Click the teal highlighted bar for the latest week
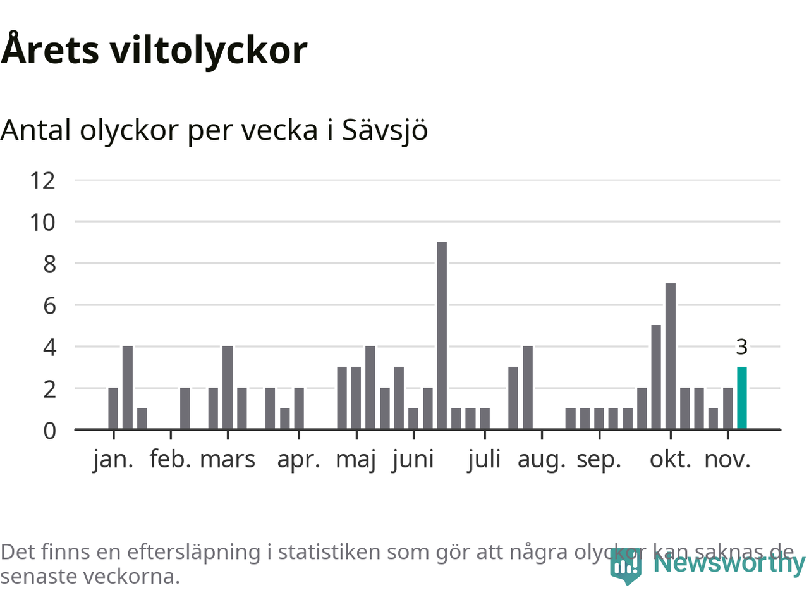(x=742, y=398)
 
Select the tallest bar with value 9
(x=442, y=336)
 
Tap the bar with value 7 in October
(x=671, y=357)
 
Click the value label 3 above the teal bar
(x=742, y=347)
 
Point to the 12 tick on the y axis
(x=43, y=181)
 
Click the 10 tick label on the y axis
(x=43, y=223)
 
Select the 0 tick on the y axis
(x=49, y=431)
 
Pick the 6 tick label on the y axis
(x=49, y=306)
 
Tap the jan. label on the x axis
(x=113, y=460)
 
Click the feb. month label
(x=170, y=460)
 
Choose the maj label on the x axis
(x=356, y=460)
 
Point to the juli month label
(x=484, y=460)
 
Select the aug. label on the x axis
(x=542, y=460)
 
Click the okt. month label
(x=671, y=460)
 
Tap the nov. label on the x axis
(x=727, y=460)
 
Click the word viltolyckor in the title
(x=209, y=51)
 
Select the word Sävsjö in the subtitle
(x=385, y=130)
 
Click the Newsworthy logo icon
(x=626, y=565)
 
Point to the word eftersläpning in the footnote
(x=193, y=552)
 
